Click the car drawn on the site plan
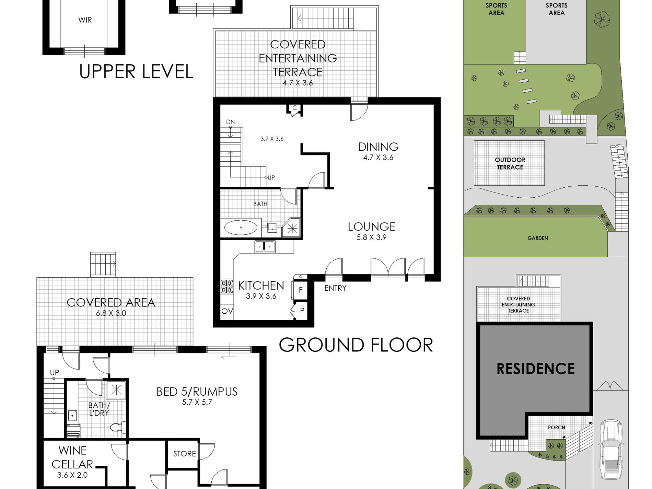[612, 450]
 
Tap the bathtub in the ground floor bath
[241, 227]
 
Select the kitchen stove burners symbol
[226, 287]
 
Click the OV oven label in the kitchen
[227, 311]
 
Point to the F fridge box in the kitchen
[300, 290]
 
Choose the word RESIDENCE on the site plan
[536, 369]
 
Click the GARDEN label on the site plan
[537, 238]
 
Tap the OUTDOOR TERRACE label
[510, 164]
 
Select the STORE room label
[184, 454]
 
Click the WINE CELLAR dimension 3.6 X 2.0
[72, 475]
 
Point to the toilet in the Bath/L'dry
[118, 427]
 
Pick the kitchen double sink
[265, 247]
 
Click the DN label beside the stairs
[230, 122]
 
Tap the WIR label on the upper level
[85, 20]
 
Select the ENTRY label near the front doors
[335, 288]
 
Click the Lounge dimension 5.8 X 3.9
[371, 237]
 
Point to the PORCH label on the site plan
[556, 428]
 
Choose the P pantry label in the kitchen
[302, 311]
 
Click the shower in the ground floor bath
[292, 228]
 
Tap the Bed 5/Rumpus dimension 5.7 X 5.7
[197, 403]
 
